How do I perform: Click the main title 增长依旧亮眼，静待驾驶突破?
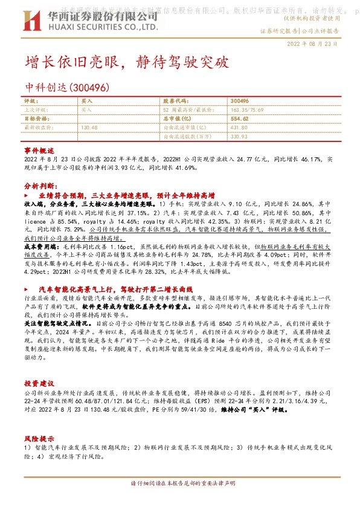pos(127,62)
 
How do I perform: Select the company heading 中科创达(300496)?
pos(66,87)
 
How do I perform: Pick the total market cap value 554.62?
pos(240,119)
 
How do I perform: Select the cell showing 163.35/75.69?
pos(247,111)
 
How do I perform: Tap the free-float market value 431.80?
pos(239,128)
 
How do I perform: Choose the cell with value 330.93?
pos(239,136)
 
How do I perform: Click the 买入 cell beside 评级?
pos(86,102)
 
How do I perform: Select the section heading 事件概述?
pos(39,149)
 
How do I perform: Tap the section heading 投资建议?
pos(39,383)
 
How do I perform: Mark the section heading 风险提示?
pos(39,437)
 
